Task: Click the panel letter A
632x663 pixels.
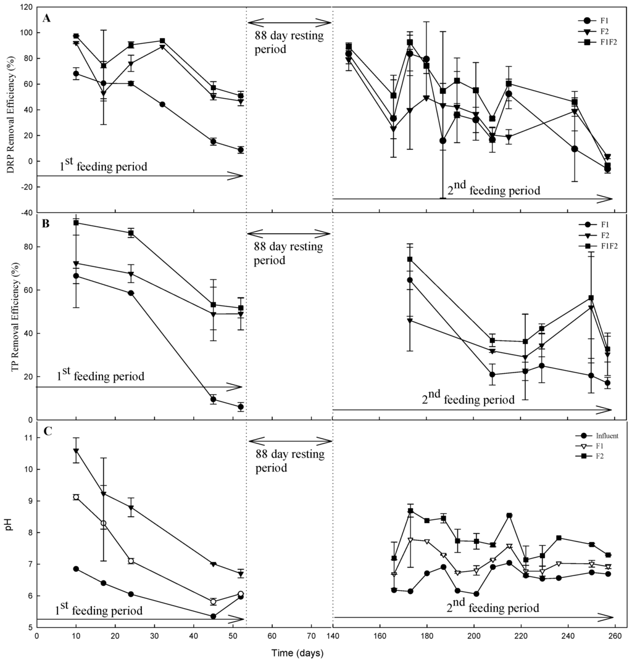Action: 46,18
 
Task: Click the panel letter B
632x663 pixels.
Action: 46,224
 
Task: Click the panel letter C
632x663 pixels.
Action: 46,432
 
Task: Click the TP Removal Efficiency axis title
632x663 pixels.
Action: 10,317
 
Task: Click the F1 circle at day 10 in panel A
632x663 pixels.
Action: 76,73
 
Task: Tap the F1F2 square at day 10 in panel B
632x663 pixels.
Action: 76,223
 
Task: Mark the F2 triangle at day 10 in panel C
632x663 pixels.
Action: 76,451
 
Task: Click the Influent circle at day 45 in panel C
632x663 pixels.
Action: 213,616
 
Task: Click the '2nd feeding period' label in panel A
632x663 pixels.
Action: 493,189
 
